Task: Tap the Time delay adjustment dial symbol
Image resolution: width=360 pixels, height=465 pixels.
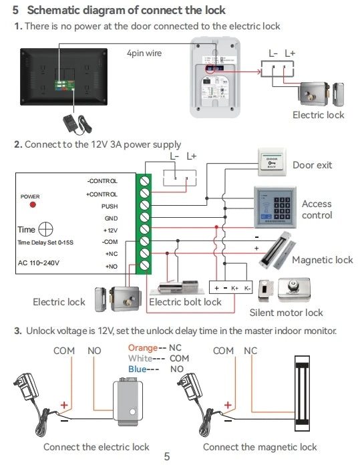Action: pyautogui.click(x=46, y=229)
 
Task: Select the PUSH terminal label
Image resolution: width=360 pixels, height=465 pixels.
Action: pyautogui.click(x=109, y=206)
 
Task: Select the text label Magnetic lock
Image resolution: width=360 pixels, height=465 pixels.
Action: pyautogui.click(x=322, y=260)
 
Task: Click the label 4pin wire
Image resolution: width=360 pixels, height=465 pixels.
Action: pyautogui.click(x=144, y=53)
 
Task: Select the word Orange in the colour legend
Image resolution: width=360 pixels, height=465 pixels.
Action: pyautogui.click(x=142, y=348)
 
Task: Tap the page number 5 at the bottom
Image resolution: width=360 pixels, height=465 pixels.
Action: pyautogui.click(x=167, y=457)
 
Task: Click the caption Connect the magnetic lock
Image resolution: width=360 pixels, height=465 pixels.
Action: pyautogui.click(x=260, y=446)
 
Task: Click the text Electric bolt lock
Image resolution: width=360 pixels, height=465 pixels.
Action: pyautogui.click(x=185, y=302)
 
